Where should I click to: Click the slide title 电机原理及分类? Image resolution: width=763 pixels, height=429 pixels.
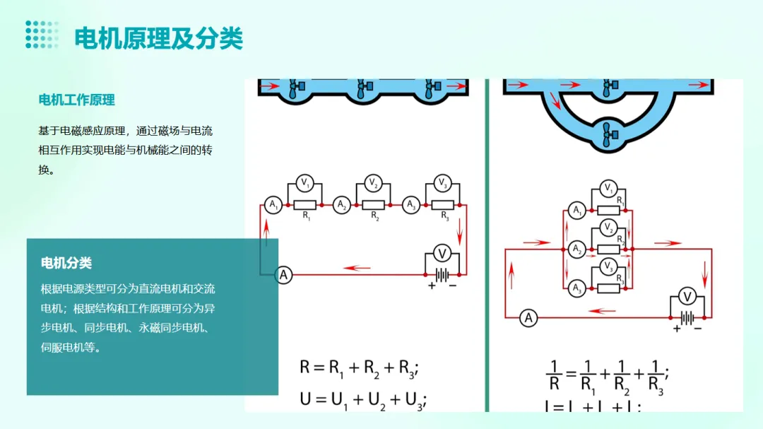click(x=158, y=38)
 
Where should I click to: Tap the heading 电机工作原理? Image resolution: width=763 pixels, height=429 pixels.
click(x=76, y=100)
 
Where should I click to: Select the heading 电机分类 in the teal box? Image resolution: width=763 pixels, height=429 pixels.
click(x=66, y=263)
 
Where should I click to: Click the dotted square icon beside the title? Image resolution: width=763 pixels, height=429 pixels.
click(x=42, y=34)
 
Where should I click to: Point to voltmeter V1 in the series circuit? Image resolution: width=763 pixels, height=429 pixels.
click(x=305, y=183)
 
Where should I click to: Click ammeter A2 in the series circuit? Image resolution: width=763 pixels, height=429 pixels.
click(x=341, y=205)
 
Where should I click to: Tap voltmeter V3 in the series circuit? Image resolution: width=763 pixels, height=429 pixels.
click(x=442, y=183)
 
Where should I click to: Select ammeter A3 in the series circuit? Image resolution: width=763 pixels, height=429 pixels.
click(x=410, y=205)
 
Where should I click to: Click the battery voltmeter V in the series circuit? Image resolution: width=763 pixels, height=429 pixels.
click(x=442, y=254)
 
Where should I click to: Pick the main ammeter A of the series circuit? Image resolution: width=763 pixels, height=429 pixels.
click(x=283, y=275)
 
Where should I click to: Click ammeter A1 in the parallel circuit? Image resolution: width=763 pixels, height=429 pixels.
click(x=577, y=210)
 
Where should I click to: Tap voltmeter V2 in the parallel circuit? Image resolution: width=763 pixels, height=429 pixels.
click(x=608, y=227)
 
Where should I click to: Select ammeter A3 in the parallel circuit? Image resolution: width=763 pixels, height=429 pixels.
click(x=577, y=288)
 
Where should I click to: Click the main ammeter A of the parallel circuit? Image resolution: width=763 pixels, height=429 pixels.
click(x=528, y=318)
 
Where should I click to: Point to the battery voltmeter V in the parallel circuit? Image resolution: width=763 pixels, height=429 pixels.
click(x=684, y=296)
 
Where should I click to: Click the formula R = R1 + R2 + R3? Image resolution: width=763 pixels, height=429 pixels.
click(x=360, y=368)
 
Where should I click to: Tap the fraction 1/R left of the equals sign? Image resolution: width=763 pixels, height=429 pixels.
click(x=554, y=375)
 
